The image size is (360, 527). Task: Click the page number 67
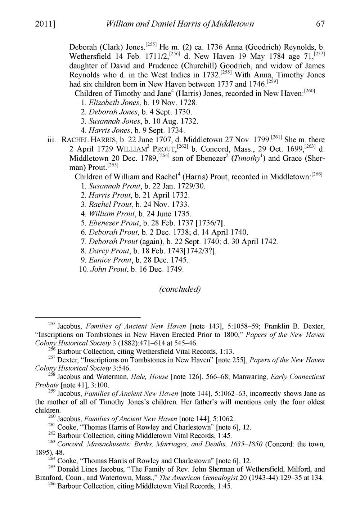(x=320, y=24)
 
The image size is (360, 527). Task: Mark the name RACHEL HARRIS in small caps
(x=85, y=140)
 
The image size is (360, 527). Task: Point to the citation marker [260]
(x=310, y=91)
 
